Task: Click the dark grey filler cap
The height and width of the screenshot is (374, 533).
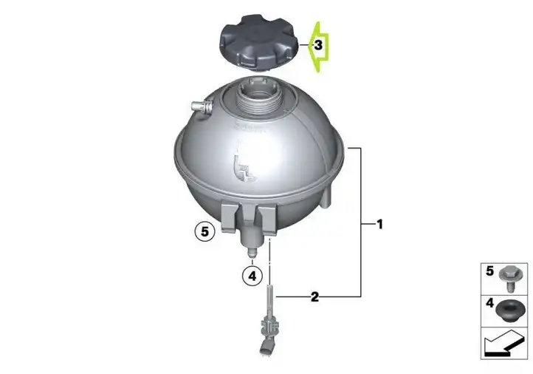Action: (259, 44)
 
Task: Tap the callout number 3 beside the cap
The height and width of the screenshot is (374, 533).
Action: (318, 45)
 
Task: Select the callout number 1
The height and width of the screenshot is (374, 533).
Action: (379, 224)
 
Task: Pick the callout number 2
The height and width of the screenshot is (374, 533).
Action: (314, 297)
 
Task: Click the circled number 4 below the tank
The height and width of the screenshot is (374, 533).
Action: (252, 276)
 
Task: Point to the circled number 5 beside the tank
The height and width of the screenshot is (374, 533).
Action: (204, 232)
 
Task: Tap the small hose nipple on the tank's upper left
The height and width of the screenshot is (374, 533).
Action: (202, 107)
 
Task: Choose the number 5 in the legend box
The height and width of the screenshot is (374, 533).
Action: (489, 271)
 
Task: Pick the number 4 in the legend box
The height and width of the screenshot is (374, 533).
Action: (489, 303)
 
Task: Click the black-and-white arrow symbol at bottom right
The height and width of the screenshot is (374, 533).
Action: (503, 344)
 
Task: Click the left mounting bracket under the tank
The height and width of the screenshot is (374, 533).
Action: (228, 218)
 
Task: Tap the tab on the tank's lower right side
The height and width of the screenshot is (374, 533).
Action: (326, 197)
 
